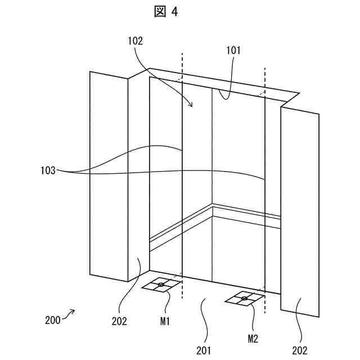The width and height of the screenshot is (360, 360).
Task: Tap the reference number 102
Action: [136, 41]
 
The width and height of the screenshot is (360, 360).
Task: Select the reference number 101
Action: [233, 50]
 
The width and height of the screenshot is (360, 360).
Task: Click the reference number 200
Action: [52, 321]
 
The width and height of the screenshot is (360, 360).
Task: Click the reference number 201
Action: [204, 350]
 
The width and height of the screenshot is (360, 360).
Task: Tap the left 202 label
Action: [119, 321]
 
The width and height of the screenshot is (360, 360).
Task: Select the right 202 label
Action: [300, 350]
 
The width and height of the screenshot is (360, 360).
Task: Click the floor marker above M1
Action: [161, 286]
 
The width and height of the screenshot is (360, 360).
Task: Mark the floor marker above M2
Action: [244, 299]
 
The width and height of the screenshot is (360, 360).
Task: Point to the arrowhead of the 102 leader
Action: [191, 105]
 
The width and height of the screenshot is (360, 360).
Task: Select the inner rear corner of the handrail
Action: [212, 205]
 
